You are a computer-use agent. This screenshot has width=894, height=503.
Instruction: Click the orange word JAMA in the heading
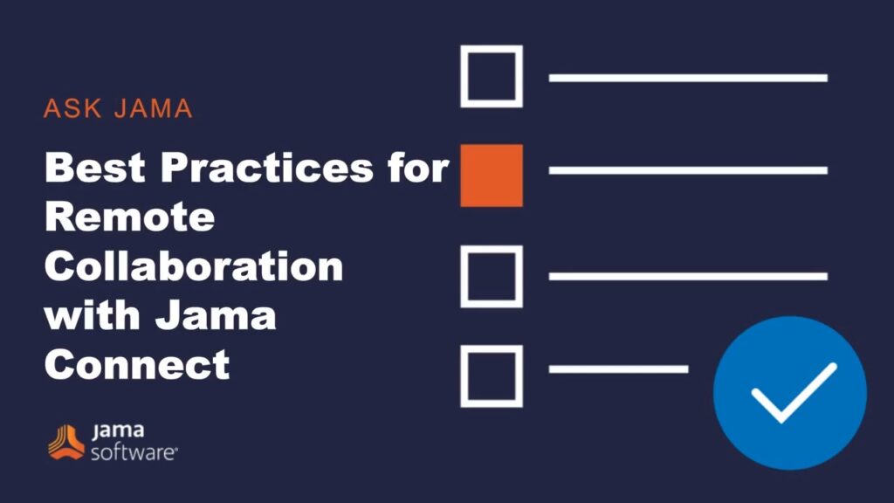154,108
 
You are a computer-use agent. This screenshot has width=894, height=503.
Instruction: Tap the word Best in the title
94,167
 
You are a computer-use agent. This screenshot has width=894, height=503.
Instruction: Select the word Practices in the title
267,167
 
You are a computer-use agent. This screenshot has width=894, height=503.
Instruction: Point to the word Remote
130,217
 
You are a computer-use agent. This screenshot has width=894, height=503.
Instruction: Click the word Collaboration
194,266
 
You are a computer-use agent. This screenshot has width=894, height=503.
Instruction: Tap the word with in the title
92,315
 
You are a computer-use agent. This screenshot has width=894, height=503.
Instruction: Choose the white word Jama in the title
216,315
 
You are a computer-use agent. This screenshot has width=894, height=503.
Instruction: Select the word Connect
137,365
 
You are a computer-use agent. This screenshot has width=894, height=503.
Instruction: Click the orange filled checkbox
492,176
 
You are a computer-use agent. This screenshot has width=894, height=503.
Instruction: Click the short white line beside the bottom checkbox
619,369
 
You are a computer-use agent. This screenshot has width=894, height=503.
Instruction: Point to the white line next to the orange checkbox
688,170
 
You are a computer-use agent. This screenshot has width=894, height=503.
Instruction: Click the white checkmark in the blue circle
794,392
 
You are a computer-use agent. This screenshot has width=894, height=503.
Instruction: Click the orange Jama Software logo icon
66,442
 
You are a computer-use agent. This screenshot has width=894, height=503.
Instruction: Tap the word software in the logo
134,453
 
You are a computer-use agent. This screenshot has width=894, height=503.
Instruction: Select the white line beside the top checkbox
688,78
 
